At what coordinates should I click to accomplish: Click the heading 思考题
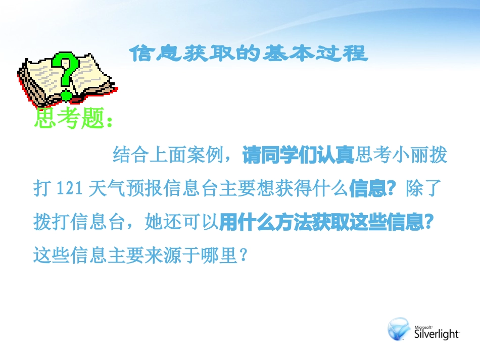[69, 119]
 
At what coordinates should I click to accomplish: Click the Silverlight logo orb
[399, 329]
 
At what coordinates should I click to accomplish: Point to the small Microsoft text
[423, 326]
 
